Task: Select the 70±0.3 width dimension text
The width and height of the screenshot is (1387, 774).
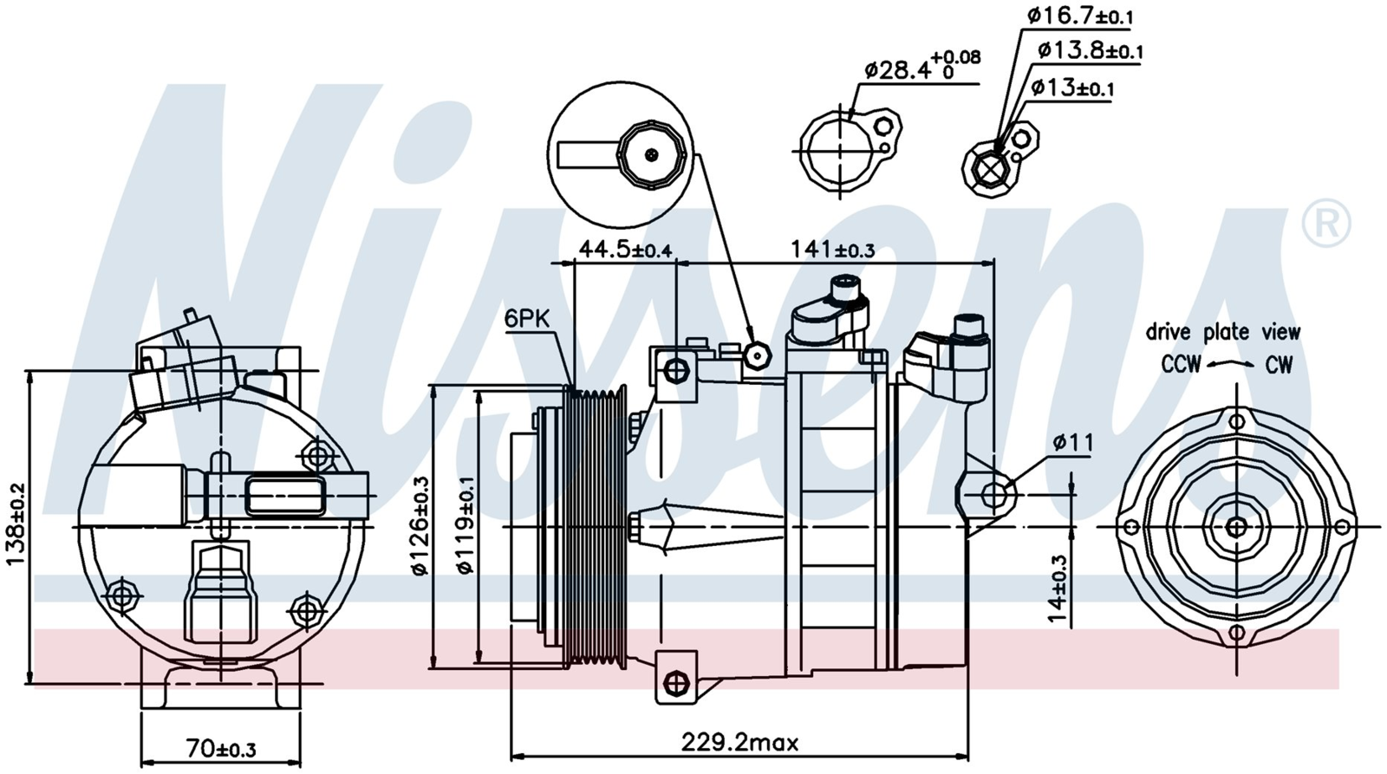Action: tap(221, 748)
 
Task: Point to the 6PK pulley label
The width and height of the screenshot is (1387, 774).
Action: tap(527, 319)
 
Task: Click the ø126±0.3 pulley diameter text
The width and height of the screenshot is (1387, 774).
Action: tap(420, 525)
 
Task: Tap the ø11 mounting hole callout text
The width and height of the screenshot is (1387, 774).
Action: tap(1073, 443)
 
